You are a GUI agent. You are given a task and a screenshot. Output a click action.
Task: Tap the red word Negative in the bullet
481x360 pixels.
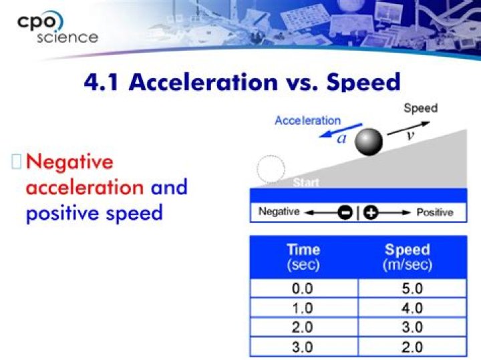[70, 162]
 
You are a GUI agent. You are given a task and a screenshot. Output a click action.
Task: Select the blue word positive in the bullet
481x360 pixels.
[61, 212]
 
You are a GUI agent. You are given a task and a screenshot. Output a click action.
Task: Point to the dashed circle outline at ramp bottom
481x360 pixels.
[271, 170]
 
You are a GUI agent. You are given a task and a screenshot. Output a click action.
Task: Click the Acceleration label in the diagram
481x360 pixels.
[308, 121]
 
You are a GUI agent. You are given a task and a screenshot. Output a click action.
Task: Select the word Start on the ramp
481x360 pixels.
[306, 182]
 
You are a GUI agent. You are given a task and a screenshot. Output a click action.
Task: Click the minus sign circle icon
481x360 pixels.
[345, 212]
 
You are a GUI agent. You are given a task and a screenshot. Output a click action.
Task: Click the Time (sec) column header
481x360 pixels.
[303, 257]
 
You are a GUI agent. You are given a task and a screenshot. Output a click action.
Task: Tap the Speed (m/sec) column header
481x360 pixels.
[408, 257]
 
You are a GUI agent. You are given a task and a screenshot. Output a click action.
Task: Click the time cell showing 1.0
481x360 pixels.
[303, 309]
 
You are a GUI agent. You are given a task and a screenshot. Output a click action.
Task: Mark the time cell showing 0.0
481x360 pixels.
[303, 289]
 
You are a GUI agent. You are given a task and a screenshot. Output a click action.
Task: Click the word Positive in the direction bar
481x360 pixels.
[435, 212]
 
